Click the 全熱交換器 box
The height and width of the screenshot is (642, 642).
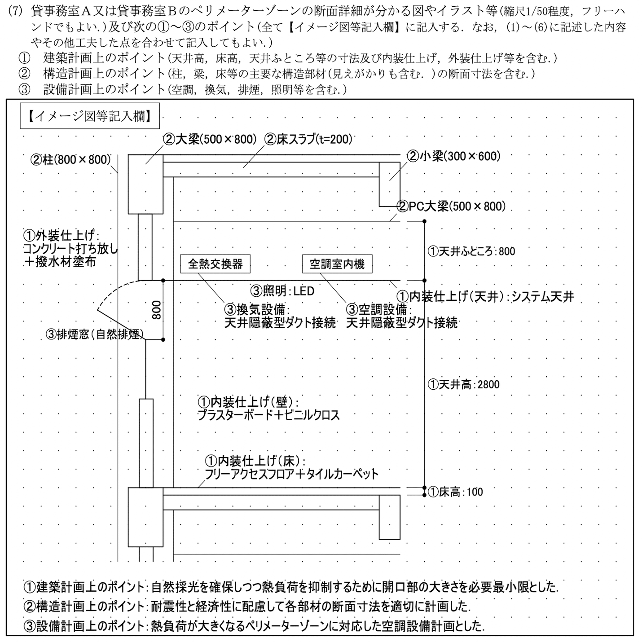coord(215,264)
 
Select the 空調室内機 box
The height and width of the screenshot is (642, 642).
coord(337,264)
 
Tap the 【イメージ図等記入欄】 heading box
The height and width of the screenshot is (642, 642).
coord(89,117)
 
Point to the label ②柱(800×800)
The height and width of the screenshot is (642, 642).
coord(70,160)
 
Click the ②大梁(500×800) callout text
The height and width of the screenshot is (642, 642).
coord(209,139)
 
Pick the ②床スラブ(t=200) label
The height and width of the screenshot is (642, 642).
coord(308,139)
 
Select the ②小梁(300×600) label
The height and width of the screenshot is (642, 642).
coord(453,156)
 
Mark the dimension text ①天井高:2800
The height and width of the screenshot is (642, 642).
coord(463,384)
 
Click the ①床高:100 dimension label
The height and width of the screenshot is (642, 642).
coord(455,492)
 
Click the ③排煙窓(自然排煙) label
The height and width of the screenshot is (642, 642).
coord(94,334)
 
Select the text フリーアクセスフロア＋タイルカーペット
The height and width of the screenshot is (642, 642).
coord(291,474)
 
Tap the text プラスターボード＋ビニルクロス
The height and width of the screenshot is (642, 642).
coord(268,415)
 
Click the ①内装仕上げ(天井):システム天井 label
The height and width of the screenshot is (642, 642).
coord(485,297)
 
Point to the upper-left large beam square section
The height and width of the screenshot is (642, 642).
coord(145,184)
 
